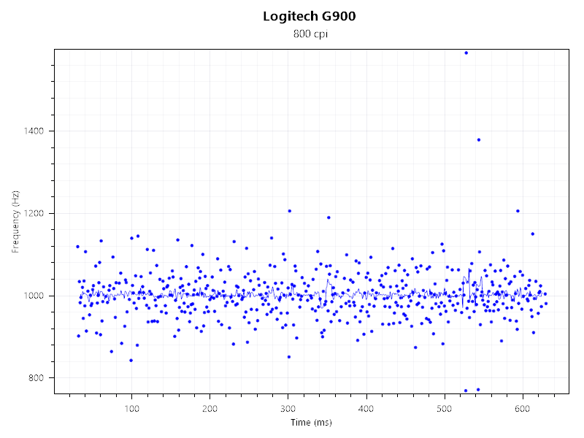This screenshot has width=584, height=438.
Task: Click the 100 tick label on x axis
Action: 131,407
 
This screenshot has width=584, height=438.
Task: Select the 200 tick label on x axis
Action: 210,407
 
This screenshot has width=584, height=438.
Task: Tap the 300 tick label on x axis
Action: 288,407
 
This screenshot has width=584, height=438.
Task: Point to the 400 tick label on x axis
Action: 366,407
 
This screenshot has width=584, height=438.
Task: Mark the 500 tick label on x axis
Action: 445,407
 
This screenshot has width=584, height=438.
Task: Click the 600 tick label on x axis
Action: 523,407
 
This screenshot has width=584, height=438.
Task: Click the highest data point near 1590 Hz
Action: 466,53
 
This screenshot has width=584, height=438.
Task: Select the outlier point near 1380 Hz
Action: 478,139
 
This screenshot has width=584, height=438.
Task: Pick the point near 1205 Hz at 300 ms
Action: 289,211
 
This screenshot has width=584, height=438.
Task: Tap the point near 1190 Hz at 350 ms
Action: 328,218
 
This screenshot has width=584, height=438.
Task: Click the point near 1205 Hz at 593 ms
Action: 518,211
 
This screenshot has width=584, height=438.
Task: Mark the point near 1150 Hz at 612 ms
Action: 533,234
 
